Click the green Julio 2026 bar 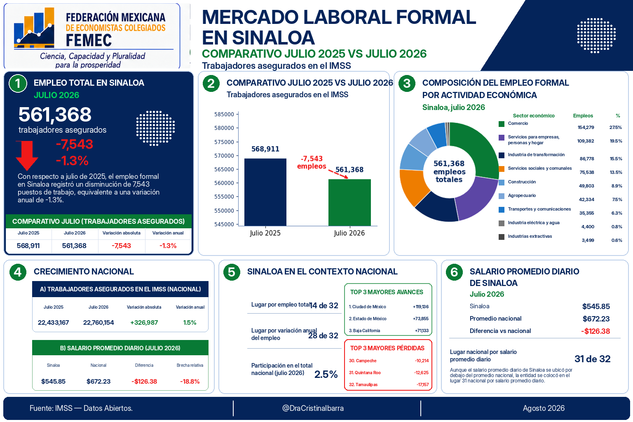(x=349, y=202)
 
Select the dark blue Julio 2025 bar (x=265, y=192)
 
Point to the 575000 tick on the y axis (x=224, y=142)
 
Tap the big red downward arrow (x=27, y=155)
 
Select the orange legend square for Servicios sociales (x=502, y=169)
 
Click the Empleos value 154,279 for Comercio (x=586, y=127)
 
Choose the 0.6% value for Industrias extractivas (x=617, y=240)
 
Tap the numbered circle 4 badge (x=18, y=272)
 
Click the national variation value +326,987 (x=144, y=323)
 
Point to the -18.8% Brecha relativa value (x=190, y=381)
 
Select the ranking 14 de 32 (x=324, y=305)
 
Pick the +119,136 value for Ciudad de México (x=421, y=307)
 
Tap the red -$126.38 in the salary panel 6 (x=595, y=331)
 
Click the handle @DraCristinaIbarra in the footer (x=313, y=408)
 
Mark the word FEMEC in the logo (x=89, y=40)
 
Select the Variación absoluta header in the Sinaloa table (x=122, y=233)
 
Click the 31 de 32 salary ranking (x=593, y=359)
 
